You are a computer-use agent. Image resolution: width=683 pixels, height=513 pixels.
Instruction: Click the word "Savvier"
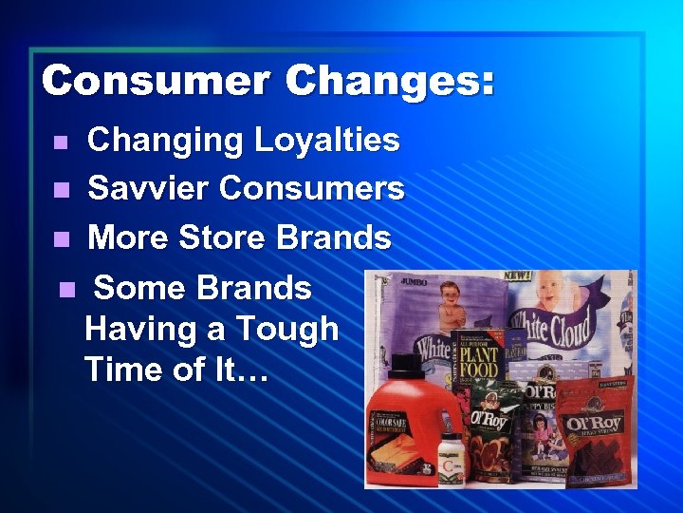[x=148, y=188]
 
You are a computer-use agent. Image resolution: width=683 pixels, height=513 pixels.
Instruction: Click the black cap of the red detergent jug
[x=405, y=363]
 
